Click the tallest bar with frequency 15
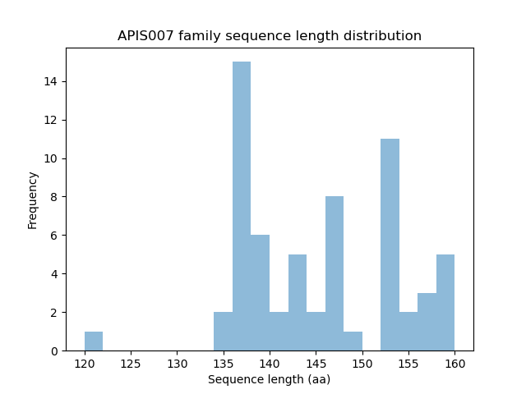tap(242, 206)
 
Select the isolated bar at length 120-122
tap(94, 341)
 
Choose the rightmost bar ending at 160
tap(445, 303)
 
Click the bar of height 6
tap(260, 293)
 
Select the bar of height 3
tap(427, 322)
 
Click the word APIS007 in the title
tap(145, 36)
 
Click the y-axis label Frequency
tap(33, 199)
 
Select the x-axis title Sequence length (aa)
tap(270, 379)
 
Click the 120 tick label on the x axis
tap(85, 363)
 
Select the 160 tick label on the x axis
tap(454, 363)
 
